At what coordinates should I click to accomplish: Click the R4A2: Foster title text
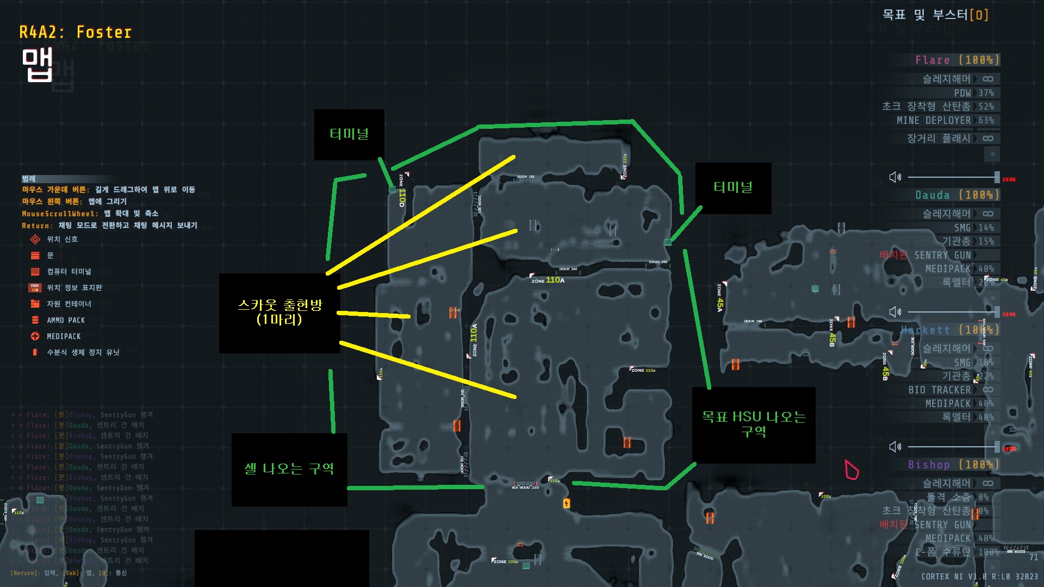76,33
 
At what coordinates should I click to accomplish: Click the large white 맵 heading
37,65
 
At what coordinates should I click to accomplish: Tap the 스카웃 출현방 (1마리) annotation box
279,313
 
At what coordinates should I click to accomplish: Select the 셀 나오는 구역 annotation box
289,469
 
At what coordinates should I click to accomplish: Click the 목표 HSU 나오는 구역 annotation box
753,424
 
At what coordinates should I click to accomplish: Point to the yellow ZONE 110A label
548,280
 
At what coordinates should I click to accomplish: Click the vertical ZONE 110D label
402,191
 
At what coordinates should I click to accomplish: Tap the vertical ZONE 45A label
720,298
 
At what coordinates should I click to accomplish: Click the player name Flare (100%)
957,60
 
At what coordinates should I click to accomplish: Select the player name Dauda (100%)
957,195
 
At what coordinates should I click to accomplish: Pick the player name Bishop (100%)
953,465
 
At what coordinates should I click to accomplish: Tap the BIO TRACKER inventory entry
940,390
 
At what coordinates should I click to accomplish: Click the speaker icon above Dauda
895,177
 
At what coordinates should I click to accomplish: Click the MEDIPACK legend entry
63,336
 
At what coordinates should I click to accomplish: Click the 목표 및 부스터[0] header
935,15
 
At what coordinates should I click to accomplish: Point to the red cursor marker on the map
851,470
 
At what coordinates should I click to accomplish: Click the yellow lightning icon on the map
567,503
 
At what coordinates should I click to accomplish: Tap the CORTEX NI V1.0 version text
979,576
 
